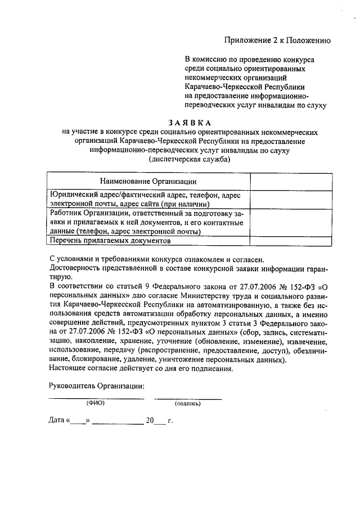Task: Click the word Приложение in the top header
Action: coord(245,40)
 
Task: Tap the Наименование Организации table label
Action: coord(148,181)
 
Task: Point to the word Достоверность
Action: coord(74,268)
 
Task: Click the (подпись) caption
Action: coord(188,403)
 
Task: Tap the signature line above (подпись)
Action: coord(188,398)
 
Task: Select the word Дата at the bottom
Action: coord(57,420)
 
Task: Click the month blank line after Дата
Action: coord(118,422)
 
